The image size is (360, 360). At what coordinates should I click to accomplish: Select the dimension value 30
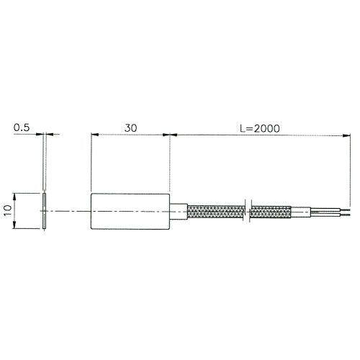130,127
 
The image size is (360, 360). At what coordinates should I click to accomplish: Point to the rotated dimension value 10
8,211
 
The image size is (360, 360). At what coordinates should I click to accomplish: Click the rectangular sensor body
130,212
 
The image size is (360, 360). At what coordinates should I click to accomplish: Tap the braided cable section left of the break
216,212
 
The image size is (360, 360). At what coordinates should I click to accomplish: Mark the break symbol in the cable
248,212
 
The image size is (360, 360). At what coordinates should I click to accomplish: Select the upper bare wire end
335,210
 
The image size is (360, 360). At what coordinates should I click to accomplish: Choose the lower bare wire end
335,214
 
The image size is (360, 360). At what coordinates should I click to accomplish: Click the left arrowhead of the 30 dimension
93,134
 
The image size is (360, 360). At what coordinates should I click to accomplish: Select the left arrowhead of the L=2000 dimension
173,134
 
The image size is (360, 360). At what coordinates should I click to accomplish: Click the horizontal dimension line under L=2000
259,134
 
